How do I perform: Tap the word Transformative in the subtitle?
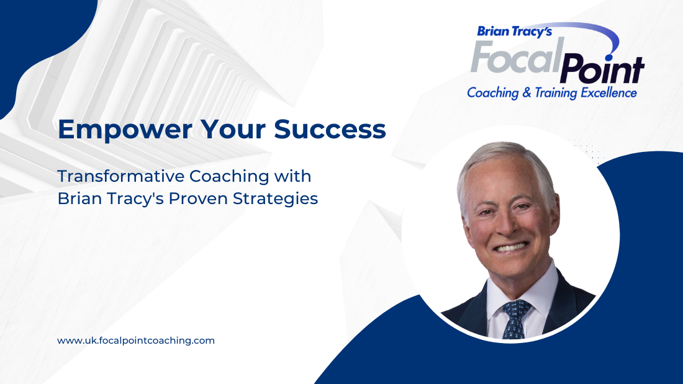tap(120, 176)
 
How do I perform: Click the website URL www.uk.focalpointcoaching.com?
tap(136, 341)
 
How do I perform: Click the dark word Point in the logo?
tap(601, 69)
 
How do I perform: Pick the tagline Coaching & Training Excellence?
tap(552, 93)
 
